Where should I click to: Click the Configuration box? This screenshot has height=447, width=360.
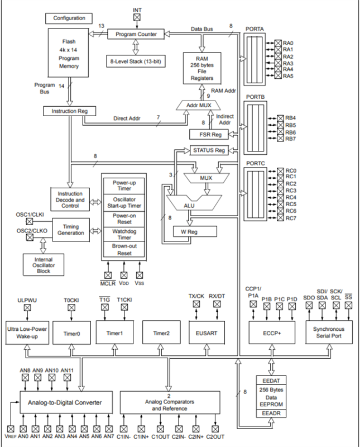point(69,18)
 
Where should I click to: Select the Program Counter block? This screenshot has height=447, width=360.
point(136,34)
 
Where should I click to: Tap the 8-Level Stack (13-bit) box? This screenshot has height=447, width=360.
point(136,60)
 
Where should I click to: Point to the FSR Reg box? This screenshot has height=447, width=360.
point(206,134)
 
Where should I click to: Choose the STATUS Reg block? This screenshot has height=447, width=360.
point(208,150)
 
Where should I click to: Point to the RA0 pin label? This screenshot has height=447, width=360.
point(288,43)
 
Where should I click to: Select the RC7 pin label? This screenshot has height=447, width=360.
point(290,218)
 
